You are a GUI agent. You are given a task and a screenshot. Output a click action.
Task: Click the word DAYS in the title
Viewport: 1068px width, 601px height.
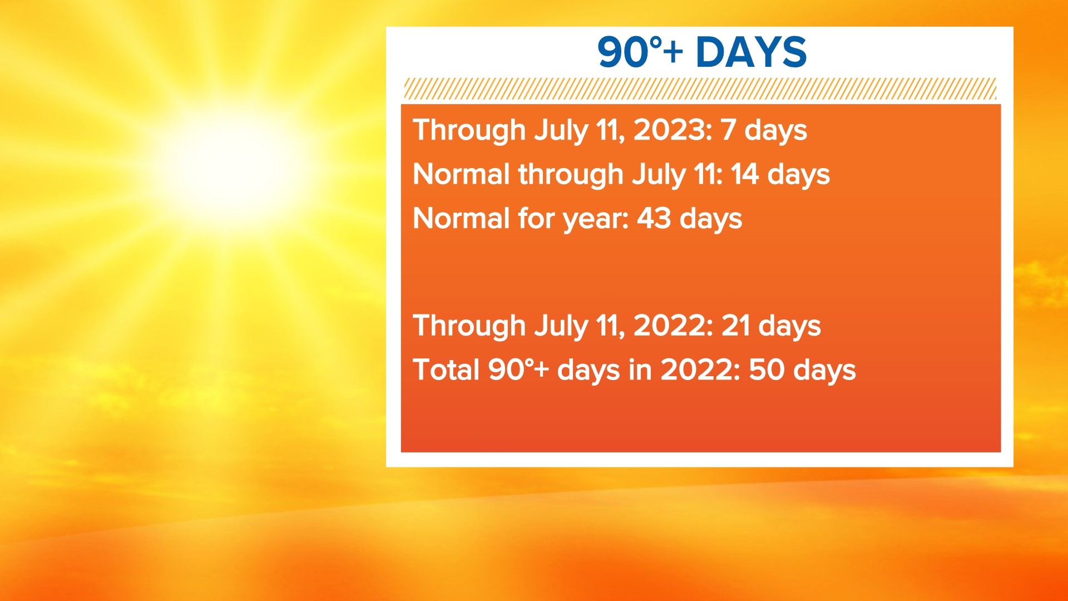[751, 52]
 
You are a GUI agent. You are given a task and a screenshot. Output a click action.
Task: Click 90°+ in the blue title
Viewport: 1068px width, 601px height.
[640, 52]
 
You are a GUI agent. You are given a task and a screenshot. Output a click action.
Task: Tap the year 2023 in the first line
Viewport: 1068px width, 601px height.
[672, 130]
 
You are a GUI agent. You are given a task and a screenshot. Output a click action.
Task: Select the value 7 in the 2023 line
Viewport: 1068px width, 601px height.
[728, 130]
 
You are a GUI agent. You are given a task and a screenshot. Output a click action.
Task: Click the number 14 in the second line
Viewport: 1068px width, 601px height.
[744, 174]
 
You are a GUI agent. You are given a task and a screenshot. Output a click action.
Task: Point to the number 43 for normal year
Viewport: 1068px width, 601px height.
[654, 218]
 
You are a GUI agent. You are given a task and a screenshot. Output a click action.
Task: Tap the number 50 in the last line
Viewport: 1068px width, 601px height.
[767, 370]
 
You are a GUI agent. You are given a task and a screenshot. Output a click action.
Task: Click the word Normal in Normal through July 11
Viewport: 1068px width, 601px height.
[461, 174]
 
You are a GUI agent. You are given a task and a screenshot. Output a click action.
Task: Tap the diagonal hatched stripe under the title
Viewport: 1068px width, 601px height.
[699, 89]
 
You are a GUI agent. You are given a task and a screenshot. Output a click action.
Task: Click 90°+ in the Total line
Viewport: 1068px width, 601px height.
[518, 370]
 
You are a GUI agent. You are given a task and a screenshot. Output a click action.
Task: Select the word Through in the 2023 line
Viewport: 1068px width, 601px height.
[469, 131]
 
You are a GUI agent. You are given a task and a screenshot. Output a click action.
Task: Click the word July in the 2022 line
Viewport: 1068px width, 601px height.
[561, 326]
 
